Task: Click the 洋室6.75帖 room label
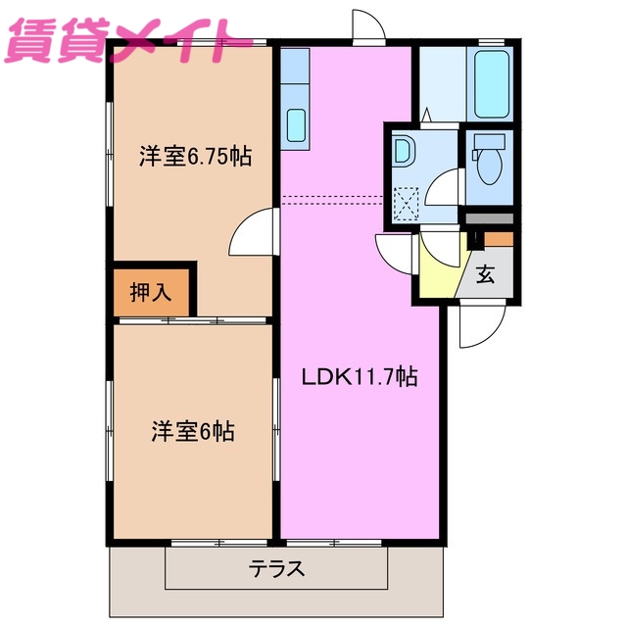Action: click(x=193, y=156)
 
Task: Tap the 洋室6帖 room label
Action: click(x=192, y=431)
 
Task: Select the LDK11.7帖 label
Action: click(x=360, y=376)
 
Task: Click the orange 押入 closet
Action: click(x=152, y=291)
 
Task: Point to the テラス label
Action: click(x=276, y=568)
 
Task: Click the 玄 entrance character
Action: click(x=486, y=274)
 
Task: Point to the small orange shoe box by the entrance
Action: click(x=499, y=238)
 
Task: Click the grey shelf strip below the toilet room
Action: click(x=489, y=218)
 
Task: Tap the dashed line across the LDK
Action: click(x=333, y=200)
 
